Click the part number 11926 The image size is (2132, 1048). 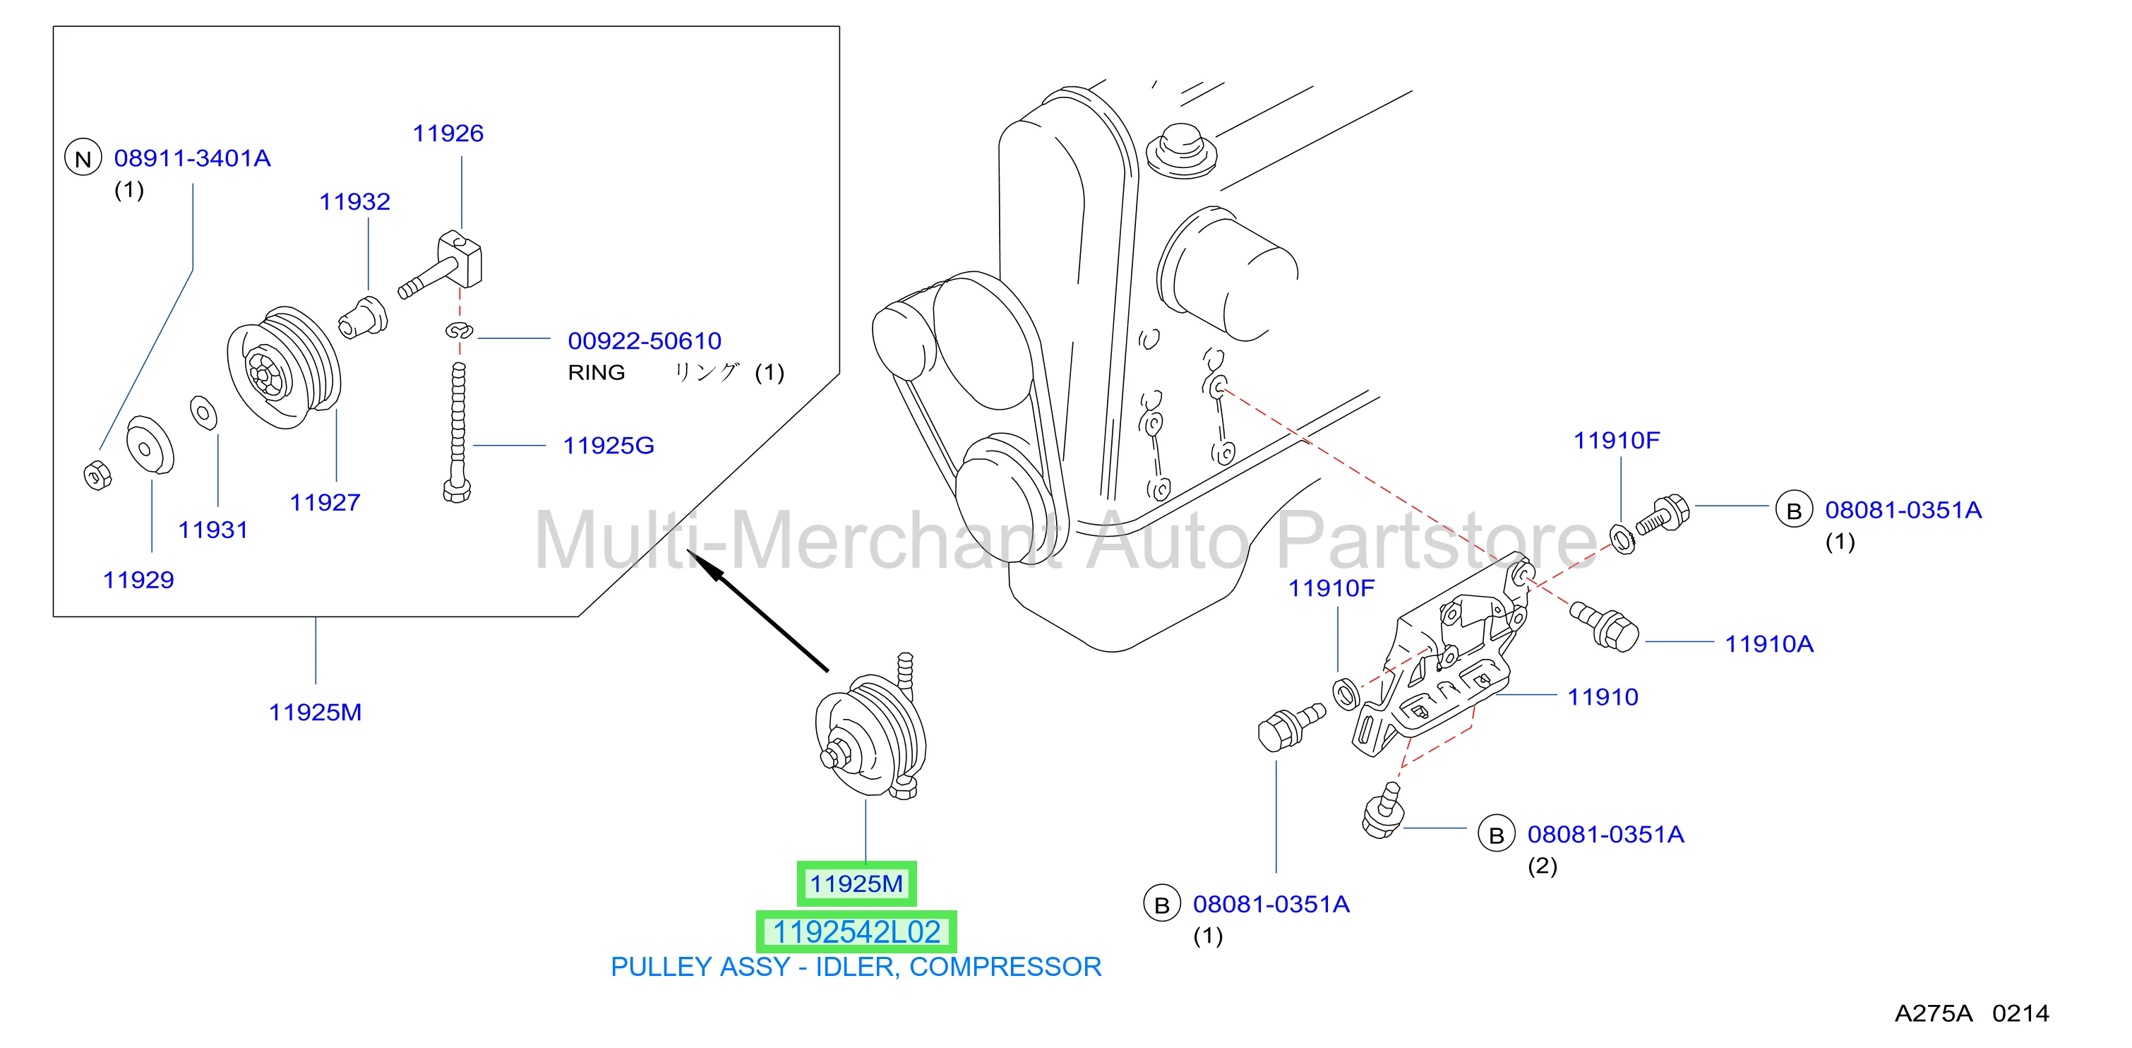(x=448, y=133)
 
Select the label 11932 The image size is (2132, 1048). (x=354, y=201)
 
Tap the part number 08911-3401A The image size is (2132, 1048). (x=192, y=158)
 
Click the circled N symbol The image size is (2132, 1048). (x=83, y=158)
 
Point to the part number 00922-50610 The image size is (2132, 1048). (x=644, y=340)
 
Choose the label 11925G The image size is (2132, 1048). (x=609, y=446)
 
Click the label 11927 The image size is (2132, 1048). (x=325, y=503)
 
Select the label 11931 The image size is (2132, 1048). (x=212, y=530)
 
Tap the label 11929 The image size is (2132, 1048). (x=138, y=580)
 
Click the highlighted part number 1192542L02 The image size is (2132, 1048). (x=856, y=932)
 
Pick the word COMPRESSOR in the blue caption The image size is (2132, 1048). (x=1005, y=967)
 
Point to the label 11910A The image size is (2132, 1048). (x=1768, y=644)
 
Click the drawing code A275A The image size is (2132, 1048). (x=1934, y=1013)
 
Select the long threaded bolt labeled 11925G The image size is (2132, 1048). (x=457, y=432)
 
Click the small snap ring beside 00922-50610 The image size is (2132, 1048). (x=458, y=331)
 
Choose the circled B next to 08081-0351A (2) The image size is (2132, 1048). (x=1497, y=835)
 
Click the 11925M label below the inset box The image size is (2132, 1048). (x=316, y=712)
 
